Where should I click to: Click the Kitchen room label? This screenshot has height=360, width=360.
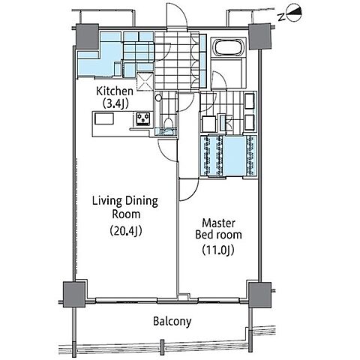point(115,91)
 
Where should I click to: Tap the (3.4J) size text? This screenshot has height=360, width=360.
point(115,103)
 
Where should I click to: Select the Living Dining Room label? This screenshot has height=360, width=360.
point(125,208)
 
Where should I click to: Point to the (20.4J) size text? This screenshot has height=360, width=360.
point(126,231)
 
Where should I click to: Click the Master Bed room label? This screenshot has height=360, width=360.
point(218,229)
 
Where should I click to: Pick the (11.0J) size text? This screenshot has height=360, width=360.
point(218,250)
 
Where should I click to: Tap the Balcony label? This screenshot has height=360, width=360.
point(172,321)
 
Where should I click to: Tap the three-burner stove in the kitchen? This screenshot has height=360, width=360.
point(143,119)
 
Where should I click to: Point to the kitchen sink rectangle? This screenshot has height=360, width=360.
point(104,118)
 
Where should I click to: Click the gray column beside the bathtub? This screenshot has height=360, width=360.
point(260,36)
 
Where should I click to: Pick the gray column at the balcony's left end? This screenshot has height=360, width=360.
point(74,295)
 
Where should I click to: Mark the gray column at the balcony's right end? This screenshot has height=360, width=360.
point(260,295)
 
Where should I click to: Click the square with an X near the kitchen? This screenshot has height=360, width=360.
point(145,82)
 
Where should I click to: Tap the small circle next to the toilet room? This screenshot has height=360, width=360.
point(158,97)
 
